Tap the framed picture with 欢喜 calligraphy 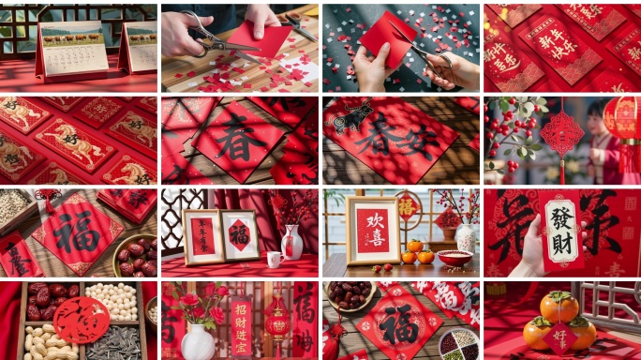(372, 231)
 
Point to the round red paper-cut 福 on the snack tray (81, 320)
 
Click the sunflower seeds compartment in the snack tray (118, 343)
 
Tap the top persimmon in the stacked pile (559, 306)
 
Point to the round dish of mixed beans (459, 343)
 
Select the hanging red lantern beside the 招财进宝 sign (277, 322)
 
